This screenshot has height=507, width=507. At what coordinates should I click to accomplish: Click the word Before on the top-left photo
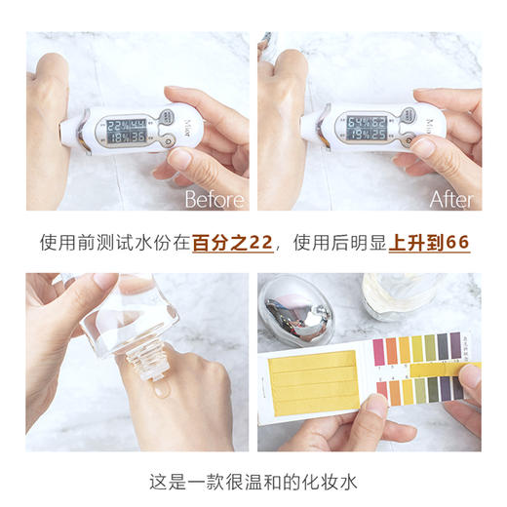coord(215,199)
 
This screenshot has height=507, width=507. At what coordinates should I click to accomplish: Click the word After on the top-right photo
coord(451,199)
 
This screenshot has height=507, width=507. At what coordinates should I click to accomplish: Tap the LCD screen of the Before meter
coord(127,131)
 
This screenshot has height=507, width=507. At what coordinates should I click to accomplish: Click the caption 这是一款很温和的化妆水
coord(253,482)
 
